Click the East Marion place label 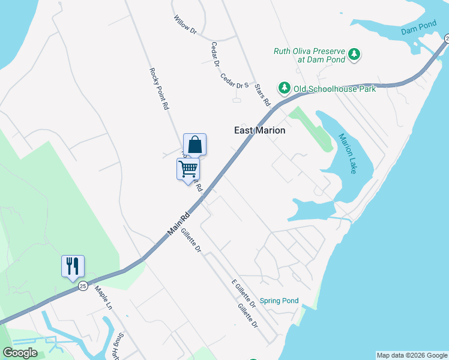pyautogui.click(x=259, y=130)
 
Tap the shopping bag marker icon pyautogui.click(x=194, y=145)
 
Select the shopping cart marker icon pyautogui.click(x=188, y=169)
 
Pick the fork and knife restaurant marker pyautogui.click(x=73, y=265)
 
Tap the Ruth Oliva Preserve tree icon pyautogui.click(x=355, y=55)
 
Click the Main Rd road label pyautogui.click(x=179, y=223)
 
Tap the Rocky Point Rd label pyautogui.click(x=158, y=88)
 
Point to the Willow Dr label pyautogui.click(x=185, y=26)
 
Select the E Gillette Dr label pyautogui.click(x=244, y=293)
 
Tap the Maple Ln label pyautogui.click(x=103, y=296)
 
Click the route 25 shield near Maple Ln pyautogui.click(x=83, y=286)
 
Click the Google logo pyautogui.click(x=20, y=353)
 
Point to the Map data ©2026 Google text pyautogui.click(x=412, y=355)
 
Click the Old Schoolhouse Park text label pyautogui.click(x=334, y=89)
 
